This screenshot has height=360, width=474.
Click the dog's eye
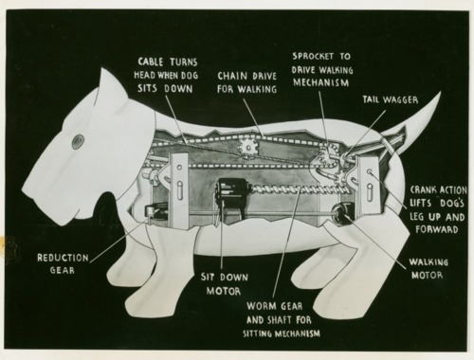pyautogui.click(x=78, y=141)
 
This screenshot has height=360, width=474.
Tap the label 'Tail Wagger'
pyautogui.click(x=391, y=99)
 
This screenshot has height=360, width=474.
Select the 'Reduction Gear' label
pyautogui.click(x=63, y=263)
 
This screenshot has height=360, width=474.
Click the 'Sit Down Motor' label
pyautogui.click(x=224, y=284)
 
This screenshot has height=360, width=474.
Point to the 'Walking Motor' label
pyautogui.click(x=428, y=268)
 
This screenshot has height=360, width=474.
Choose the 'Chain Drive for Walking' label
pyautogui.click(x=246, y=82)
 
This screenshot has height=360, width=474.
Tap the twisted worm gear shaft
pyautogui.click(x=301, y=191)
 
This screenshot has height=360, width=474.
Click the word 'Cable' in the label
pyautogui.click(x=151, y=62)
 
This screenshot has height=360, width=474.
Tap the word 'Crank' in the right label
pyautogui.click(x=423, y=189)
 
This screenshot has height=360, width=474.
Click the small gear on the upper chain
pyautogui.click(x=248, y=147)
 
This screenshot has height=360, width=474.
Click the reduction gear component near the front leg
pyautogui.click(x=155, y=211)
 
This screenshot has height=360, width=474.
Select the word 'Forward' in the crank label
pyautogui.click(x=437, y=229)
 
